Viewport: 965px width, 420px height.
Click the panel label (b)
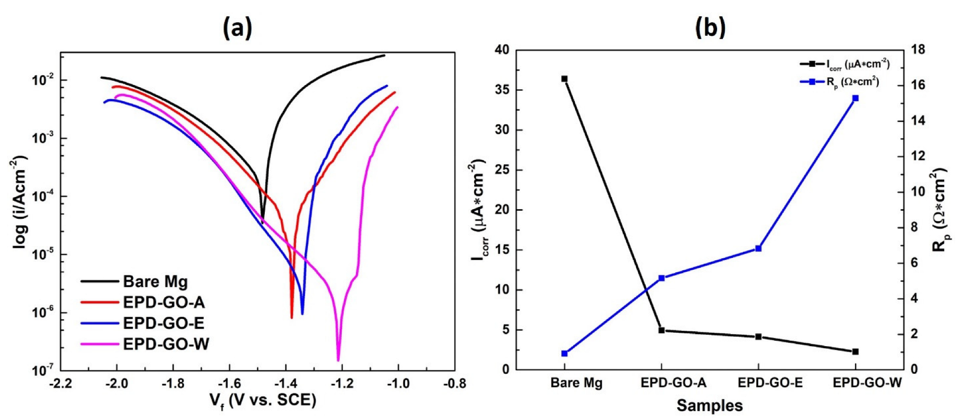[x=710, y=28]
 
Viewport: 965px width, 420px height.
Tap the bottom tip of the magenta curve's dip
[x=338, y=360]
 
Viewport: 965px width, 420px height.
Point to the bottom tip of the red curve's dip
[x=292, y=317]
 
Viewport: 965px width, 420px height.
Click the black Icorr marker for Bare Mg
[x=564, y=79]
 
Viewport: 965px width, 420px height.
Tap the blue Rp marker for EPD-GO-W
[x=855, y=98]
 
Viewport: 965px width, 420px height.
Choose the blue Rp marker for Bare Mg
[x=564, y=354]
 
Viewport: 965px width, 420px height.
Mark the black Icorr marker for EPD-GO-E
[x=758, y=337]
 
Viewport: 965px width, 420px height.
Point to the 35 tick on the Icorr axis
[x=502, y=90]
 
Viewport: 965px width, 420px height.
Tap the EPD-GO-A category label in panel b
[x=673, y=383]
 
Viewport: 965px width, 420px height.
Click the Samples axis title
[x=710, y=406]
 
